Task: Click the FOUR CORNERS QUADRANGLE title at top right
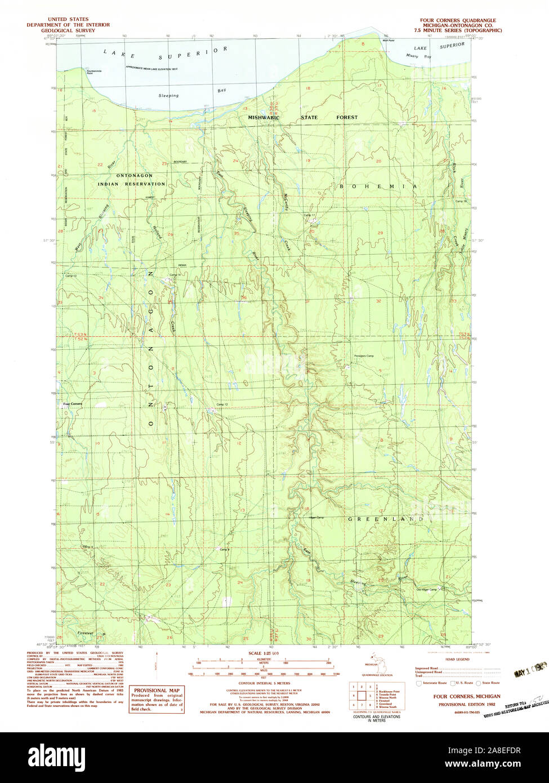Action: [457, 19]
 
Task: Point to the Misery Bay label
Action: [419, 57]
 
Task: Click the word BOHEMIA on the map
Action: [378, 186]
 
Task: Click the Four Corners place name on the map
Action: [72, 404]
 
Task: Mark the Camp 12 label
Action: [222, 405]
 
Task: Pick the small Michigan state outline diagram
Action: [371, 661]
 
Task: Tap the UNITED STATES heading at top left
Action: [68, 19]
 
